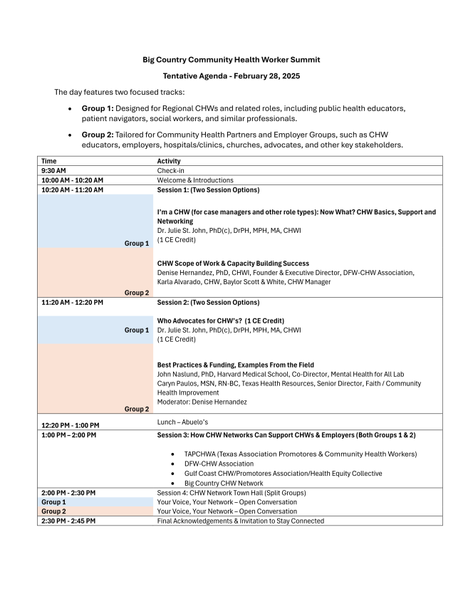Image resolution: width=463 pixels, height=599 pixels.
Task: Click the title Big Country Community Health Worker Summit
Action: click(231, 60)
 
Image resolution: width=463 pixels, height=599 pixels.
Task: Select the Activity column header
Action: click(169, 161)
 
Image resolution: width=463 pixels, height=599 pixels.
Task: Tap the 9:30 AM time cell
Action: click(55, 171)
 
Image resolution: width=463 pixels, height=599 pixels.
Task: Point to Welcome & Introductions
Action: click(194, 180)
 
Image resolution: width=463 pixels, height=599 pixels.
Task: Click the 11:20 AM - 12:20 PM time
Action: click(72, 302)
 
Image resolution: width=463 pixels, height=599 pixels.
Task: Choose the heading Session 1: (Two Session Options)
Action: click(208, 190)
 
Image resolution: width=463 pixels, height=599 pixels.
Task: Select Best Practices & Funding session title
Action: click(235, 365)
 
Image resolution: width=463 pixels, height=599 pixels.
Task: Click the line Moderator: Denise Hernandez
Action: click(202, 402)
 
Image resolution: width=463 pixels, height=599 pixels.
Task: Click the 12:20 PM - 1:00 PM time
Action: click(70, 426)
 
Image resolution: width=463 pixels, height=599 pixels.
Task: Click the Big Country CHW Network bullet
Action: click(223, 483)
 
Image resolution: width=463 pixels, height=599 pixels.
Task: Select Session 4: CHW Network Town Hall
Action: click(232, 493)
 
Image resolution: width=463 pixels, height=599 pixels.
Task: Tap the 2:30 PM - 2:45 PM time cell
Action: click(68, 521)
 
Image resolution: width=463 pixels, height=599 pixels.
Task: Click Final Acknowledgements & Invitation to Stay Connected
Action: click(240, 521)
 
